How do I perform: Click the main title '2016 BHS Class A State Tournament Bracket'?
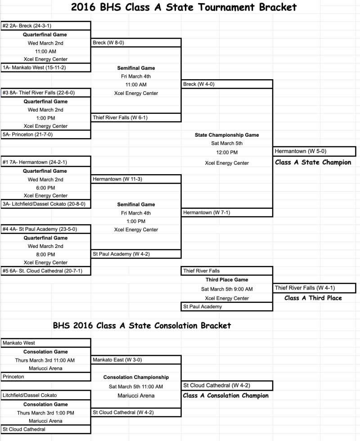[184, 7]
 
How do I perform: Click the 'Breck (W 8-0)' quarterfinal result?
[108, 43]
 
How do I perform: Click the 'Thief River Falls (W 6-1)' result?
[120, 117]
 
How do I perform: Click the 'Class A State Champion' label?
[313, 162]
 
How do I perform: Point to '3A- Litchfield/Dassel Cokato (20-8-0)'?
[44, 204]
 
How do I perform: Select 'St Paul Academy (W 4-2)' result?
[121, 254]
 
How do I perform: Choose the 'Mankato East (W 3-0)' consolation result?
[114, 360]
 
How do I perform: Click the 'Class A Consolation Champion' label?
[225, 396]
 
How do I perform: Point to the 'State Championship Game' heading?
[227, 135]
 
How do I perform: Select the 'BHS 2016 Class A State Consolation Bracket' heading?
[142, 325]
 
